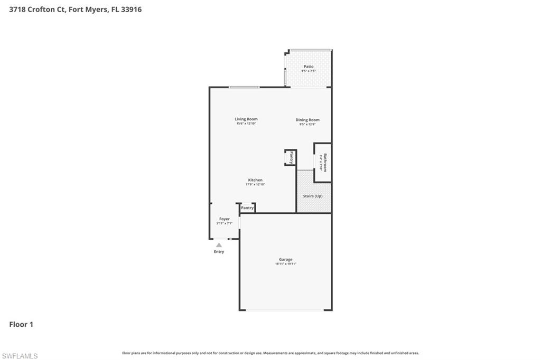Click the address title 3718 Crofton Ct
pyautogui.click(x=75, y=10)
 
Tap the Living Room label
pyautogui.click(x=246, y=119)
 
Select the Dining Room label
pyautogui.click(x=307, y=120)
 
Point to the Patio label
pyautogui.click(x=308, y=67)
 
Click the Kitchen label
pyautogui.click(x=255, y=180)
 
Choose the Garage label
pyautogui.click(x=285, y=259)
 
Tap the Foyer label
pyautogui.click(x=225, y=219)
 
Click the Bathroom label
pyautogui.click(x=325, y=163)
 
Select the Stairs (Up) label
pyautogui.click(x=312, y=196)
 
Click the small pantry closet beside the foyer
pyautogui.click(x=247, y=208)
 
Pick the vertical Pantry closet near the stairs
pyautogui.click(x=291, y=157)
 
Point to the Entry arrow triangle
pyautogui.click(x=219, y=245)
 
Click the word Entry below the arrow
pyautogui.click(x=219, y=252)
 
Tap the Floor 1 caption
pyautogui.click(x=21, y=325)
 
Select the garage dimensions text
pyautogui.click(x=285, y=263)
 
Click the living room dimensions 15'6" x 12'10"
pyautogui.click(x=246, y=124)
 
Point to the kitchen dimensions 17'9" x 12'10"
pyautogui.click(x=255, y=184)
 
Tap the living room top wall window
pyautogui.click(x=244, y=87)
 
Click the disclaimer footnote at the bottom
pyautogui.click(x=270, y=353)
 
